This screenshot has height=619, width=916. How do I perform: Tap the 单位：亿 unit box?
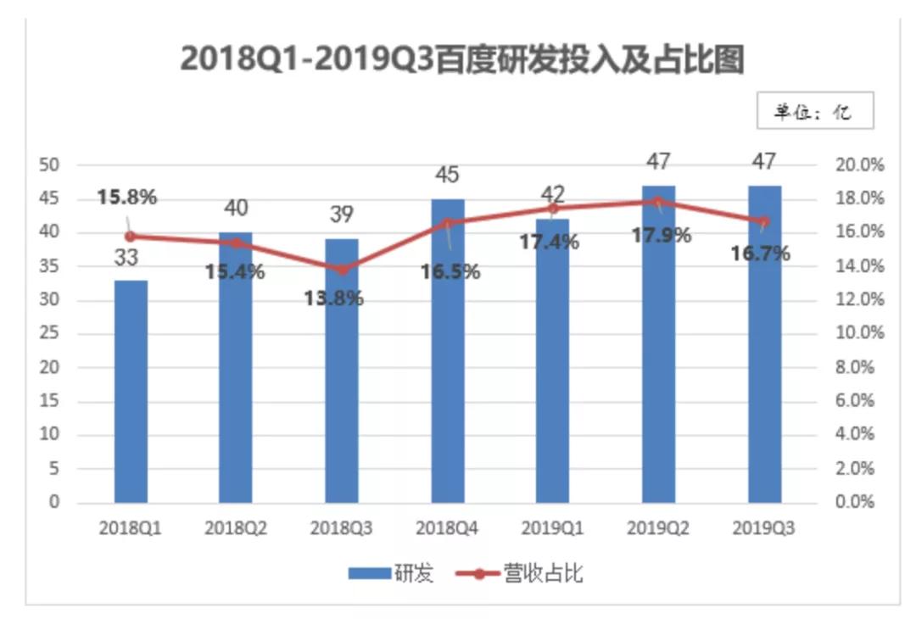[x=814, y=110]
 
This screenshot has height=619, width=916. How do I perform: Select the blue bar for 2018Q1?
[x=131, y=391]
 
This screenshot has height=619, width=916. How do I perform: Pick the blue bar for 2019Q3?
[x=764, y=343]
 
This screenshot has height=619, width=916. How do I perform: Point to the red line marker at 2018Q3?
[x=342, y=270]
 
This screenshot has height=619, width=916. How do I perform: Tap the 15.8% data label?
[x=127, y=198]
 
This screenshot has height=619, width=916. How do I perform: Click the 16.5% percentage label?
[x=450, y=272]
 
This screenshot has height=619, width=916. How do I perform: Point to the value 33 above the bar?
[x=126, y=257]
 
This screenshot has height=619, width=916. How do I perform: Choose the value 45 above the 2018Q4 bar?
[x=447, y=175]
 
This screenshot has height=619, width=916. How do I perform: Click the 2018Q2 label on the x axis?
[x=236, y=528]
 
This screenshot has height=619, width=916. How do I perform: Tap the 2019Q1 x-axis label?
[x=553, y=528]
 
